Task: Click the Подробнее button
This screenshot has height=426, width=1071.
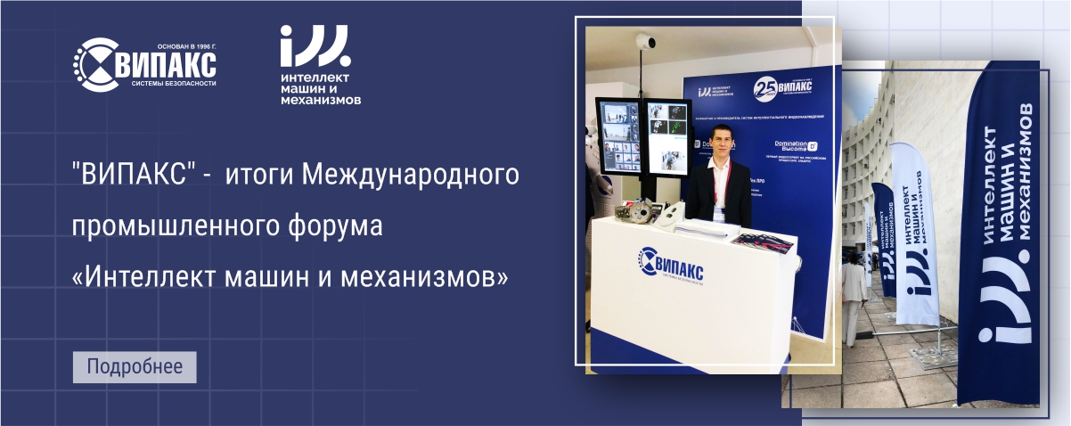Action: coord(134,367)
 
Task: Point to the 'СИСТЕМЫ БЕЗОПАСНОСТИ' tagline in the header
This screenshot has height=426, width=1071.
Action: coord(174,83)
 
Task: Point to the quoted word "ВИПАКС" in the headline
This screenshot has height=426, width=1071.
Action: coord(129,175)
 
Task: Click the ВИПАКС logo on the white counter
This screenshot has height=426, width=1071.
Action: coord(671,265)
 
